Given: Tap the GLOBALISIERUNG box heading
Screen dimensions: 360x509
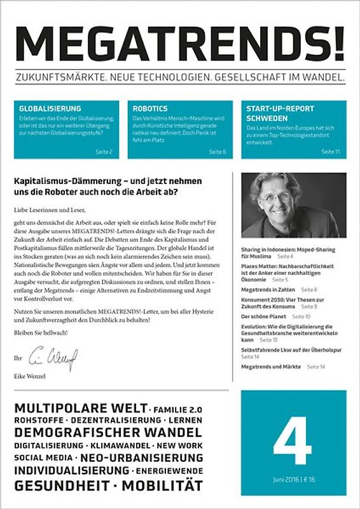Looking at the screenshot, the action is [x=50, y=109].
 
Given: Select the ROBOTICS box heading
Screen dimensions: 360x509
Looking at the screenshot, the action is [x=150, y=109].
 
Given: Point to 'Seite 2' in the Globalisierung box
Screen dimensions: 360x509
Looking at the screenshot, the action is [x=104, y=152].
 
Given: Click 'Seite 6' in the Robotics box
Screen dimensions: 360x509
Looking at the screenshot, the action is [x=218, y=152].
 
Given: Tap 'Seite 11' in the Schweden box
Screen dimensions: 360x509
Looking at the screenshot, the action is [x=331, y=152].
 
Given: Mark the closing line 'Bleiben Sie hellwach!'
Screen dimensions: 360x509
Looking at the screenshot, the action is [x=43, y=333].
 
